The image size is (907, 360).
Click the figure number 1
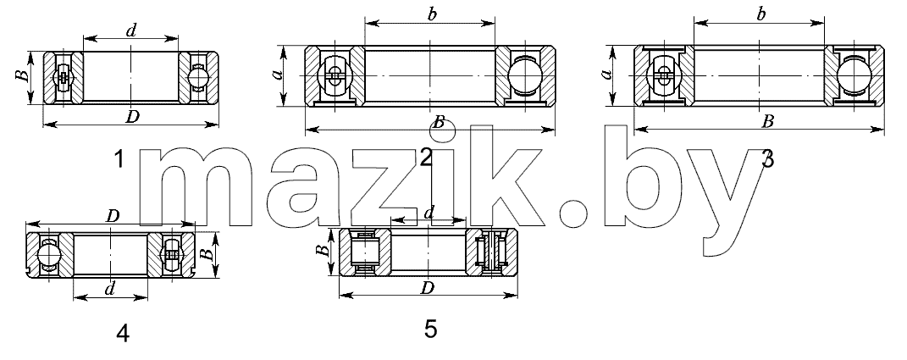coord(119,158)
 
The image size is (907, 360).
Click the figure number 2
coord(426,158)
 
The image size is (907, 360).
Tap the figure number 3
coord(767,158)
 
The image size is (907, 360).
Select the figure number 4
coord(123,334)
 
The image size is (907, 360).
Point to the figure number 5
coord(430,329)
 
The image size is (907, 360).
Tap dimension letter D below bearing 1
coord(132,116)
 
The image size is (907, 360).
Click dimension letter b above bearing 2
coord(432,15)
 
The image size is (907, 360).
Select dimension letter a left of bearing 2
coord(278,75)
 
